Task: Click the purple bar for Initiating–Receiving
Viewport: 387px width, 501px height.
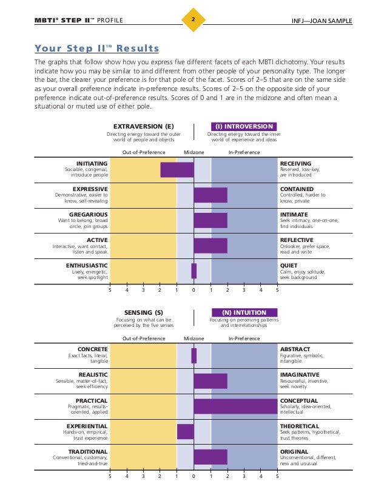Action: (x=177, y=170)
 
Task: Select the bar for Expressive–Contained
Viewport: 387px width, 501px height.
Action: (x=210, y=195)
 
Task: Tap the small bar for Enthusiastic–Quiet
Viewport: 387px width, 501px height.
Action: (x=194, y=271)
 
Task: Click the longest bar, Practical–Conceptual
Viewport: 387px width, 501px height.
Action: (x=235, y=406)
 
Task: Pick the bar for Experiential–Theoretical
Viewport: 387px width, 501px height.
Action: (x=186, y=431)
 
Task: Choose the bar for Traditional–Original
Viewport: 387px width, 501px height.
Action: (x=210, y=457)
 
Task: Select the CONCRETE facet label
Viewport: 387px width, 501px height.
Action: (x=92, y=349)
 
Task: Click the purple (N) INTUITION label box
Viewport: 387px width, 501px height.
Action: (x=241, y=313)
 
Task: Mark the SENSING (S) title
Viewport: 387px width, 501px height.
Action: (x=144, y=313)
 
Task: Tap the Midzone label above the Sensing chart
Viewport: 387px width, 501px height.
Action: (x=194, y=338)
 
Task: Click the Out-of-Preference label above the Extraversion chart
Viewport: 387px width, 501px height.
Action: (x=144, y=152)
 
